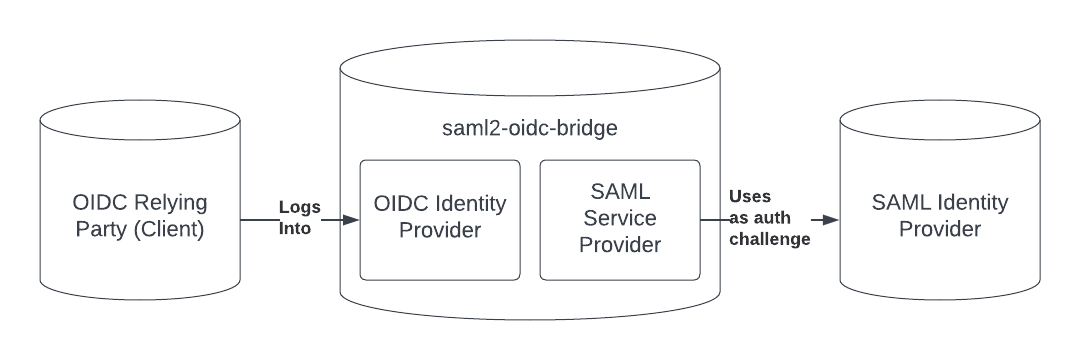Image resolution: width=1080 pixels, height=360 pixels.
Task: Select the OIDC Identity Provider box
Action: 441,219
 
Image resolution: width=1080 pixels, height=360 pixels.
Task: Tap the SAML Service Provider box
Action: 620,219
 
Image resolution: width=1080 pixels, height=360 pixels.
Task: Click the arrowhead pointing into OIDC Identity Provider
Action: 351,219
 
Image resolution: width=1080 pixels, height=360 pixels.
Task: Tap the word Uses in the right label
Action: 751,197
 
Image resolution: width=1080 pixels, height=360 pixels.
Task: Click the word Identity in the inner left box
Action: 471,204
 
